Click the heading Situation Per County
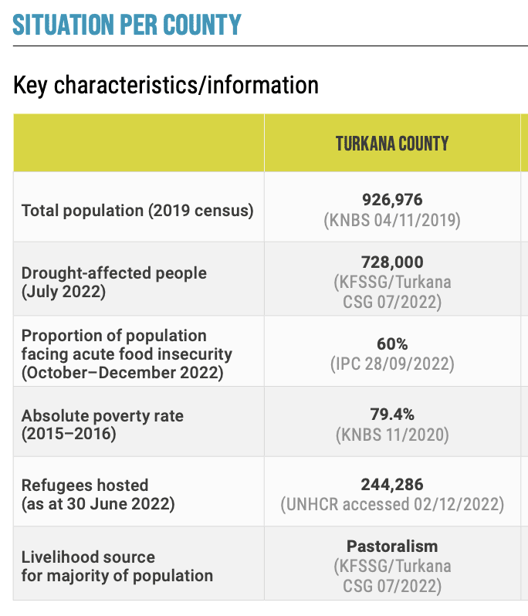(127, 25)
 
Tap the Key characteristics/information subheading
(166, 85)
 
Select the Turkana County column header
(392, 144)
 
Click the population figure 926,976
(392, 200)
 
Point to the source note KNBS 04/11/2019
(392, 220)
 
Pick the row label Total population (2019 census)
(137, 210)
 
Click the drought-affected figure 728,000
(392, 262)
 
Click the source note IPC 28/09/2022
(392, 363)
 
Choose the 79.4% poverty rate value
(392, 415)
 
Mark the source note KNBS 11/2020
(392, 435)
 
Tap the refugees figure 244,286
(392, 485)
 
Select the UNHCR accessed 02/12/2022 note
(392, 505)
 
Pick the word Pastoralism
(392, 546)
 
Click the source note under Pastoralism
(392, 576)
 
